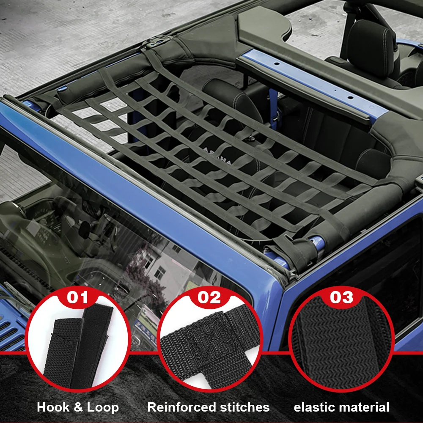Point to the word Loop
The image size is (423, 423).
tap(103, 407)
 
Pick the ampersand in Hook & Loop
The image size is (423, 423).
tap(77, 407)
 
